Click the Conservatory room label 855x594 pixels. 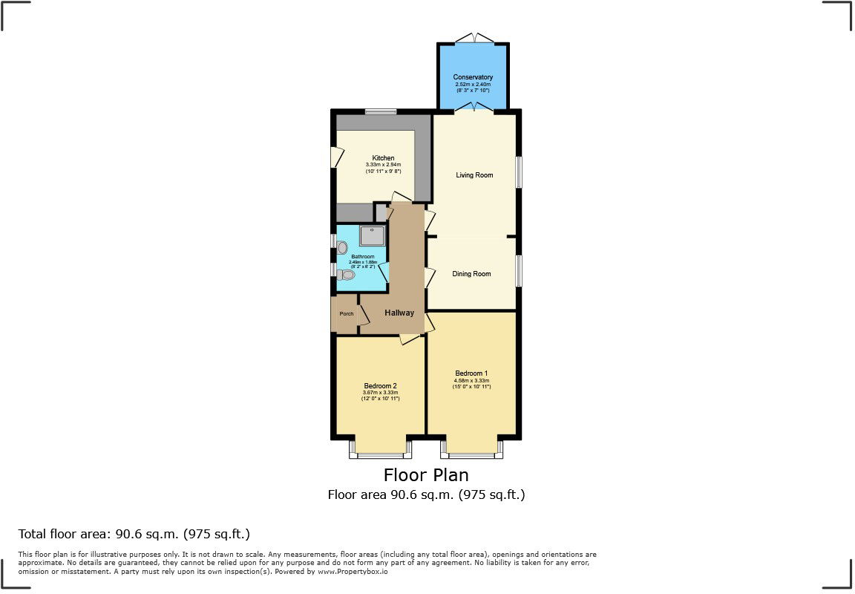click(x=473, y=77)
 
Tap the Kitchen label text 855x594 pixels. click(x=383, y=158)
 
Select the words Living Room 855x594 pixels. click(x=474, y=175)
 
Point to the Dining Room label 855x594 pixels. click(x=471, y=274)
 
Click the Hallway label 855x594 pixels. click(x=399, y=313)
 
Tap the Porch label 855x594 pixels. click(x=346, y=314)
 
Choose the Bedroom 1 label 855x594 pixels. click(x=471, y=373)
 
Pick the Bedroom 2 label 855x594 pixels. click(x=381, y=385)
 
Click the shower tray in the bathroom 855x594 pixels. click(x=373, y=235)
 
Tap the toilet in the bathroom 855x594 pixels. click(x=346, y=275)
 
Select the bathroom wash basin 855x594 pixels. click(x=342, y=247)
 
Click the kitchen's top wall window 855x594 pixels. click(x=380, y=112)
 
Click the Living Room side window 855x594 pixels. click(x=519, y=172)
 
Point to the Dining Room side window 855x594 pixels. click(x=519, y=270)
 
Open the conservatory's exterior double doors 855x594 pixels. click(x=473, y=37)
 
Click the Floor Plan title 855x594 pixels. click(x=426, y=474)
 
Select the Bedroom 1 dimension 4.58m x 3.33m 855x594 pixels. click(x=472, y=381)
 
